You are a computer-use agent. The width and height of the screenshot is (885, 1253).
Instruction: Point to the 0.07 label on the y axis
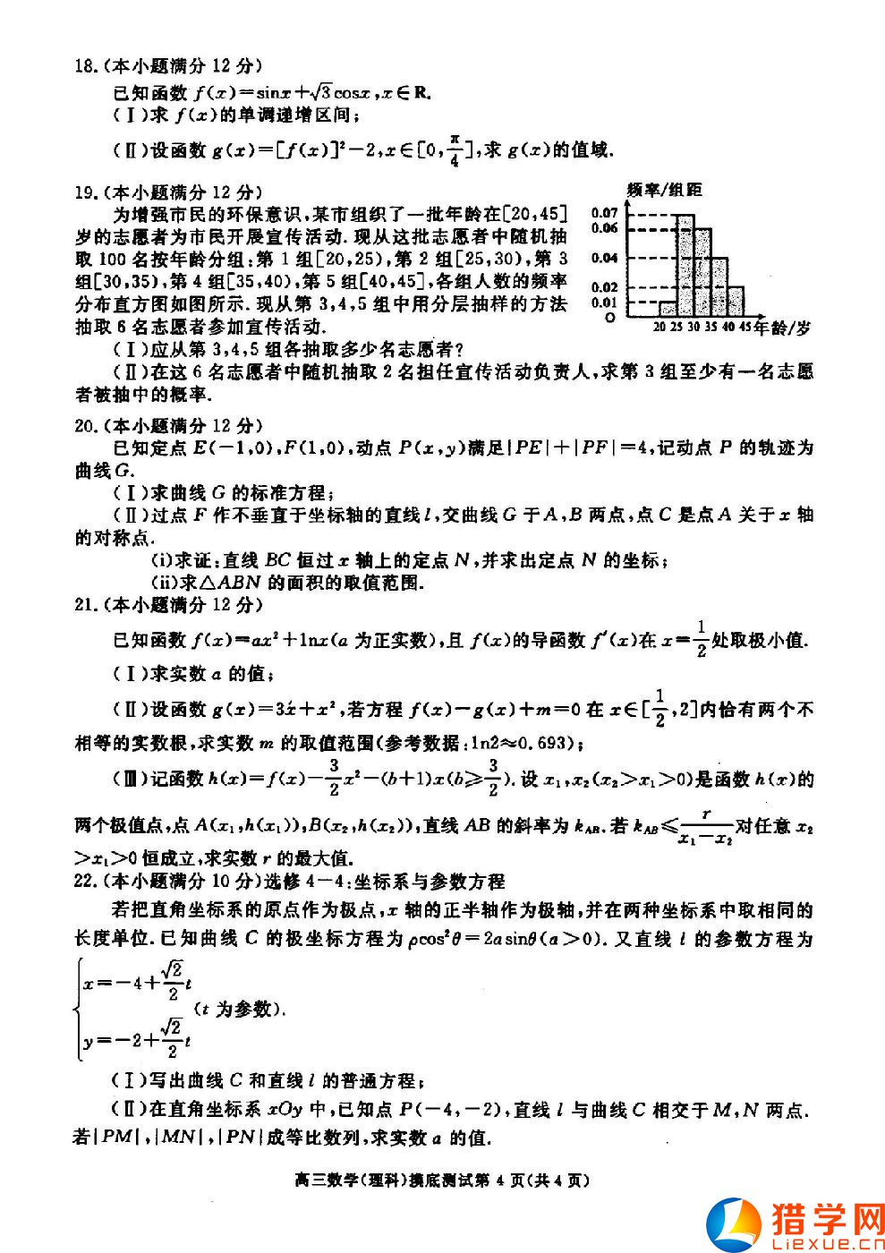[x=605, y=213]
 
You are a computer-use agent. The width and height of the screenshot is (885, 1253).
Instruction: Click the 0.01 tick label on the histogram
[x=605, y=302]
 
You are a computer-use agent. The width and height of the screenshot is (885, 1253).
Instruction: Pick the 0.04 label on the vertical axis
[x=605, y=258]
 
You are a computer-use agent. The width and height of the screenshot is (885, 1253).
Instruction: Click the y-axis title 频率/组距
[x=665, y=190]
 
